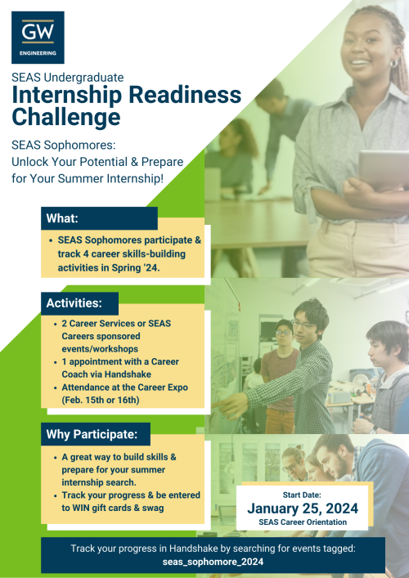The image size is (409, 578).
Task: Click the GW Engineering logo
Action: (38, 38)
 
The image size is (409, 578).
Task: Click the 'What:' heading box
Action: (99, 218)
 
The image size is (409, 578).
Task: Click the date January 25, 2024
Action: (303, 508)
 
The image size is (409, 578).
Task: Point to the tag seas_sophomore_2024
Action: (213, 562)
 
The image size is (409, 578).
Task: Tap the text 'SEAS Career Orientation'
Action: (303, 522)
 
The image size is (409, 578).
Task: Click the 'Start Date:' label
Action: (303, 494)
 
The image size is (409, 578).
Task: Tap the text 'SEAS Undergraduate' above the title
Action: (68, 77)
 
